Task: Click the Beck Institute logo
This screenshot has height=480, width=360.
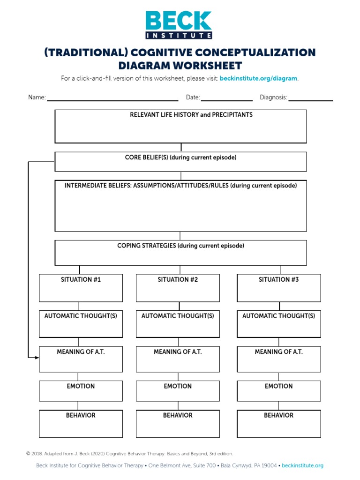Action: (x=179, y=25)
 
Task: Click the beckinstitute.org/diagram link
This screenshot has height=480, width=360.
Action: (x=258, y=78)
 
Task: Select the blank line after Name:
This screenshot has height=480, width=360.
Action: (x=112, y=99)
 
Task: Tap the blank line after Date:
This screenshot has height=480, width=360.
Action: (x=226, y=99)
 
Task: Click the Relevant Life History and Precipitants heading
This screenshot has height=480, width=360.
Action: (x=191, y=115)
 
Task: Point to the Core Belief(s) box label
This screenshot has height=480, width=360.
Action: (x=180, y=157)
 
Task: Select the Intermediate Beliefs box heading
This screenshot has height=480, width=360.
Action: (x=180, y=186)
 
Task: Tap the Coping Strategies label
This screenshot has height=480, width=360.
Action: (x=180, y=246)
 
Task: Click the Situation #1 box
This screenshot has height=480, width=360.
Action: (x=81, y=288)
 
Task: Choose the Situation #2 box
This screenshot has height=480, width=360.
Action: (x=178, y=288)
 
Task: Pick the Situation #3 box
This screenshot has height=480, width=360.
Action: (x=278, y=288)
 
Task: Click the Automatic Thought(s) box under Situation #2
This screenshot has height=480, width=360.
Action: (x=178, y=324)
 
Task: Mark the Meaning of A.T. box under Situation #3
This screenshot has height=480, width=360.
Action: (x=278, y=360)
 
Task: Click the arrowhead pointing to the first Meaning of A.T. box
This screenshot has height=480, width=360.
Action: (x=37, y=358)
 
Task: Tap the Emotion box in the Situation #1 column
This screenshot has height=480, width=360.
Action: (x=81, y=391)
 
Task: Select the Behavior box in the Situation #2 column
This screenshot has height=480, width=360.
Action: (x=178, y=424)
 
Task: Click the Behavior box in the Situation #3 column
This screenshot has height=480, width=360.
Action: (x=278, y=424)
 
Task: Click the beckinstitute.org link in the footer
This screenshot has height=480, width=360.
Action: (x=302, y=465)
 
